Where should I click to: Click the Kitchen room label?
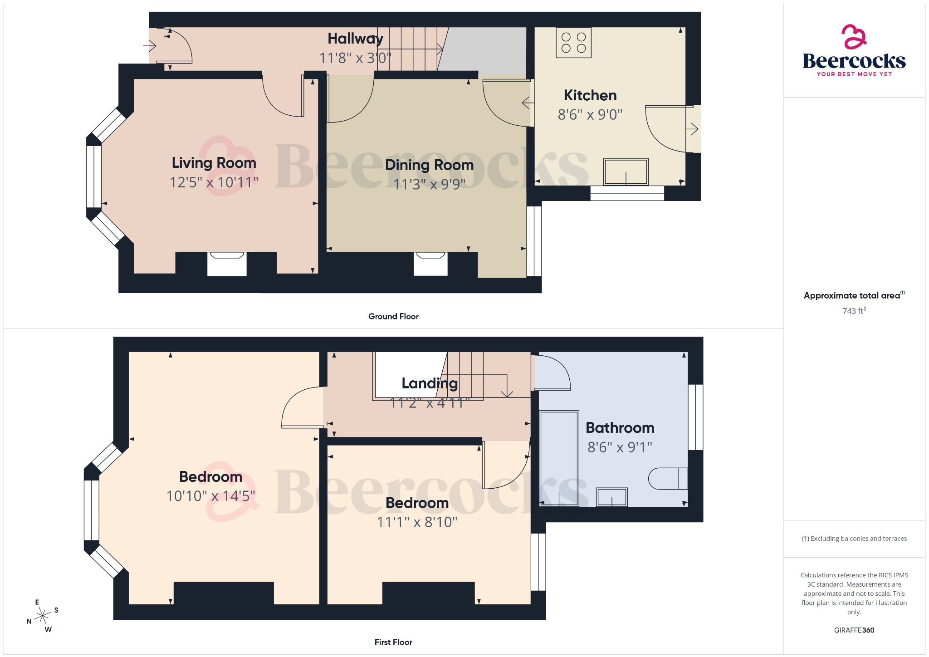pyautogui.click(x=590, y=95)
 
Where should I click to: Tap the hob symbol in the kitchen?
pyautogui.click(x=573, y=43)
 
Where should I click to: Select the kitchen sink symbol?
pyautogui.click(x=626, y=172)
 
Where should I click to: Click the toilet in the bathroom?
pyautogui.click(x=668, y=478)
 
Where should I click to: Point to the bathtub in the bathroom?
pyautogui.click(x=559, y=458)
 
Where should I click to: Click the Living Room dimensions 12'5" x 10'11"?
pyautogui.click(x=214, y=182)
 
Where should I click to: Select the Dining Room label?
pyautogui.click(x=429, y=165)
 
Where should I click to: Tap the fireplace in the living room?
pyautogui.click(x=227, y=263)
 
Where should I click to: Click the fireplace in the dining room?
pyautogui.click(x=430, y=263)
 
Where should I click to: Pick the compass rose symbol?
pyautogui.click(x=43, y=616)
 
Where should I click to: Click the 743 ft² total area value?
pyautogui.click(x=854, y=311)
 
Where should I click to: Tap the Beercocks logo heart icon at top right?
pyautogui.click(x=854, y=36)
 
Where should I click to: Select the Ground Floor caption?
pyautogui.click(x=393, y=316)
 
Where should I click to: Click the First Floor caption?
pyautogui.click(x=393, y=642)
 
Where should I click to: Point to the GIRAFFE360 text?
pyautogui.click(x=854, y=630)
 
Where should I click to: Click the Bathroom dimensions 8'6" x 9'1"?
pyautogui.click(x=620, y=447)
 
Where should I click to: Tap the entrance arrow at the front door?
pyautogui.click(x=150, y=45)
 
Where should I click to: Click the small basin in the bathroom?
pyautogui.click(x=611, y=497)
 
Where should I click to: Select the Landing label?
pyautogui.click(x=429, y=383)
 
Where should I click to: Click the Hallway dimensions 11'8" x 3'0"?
pyautogui.click(x=355, y=58)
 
